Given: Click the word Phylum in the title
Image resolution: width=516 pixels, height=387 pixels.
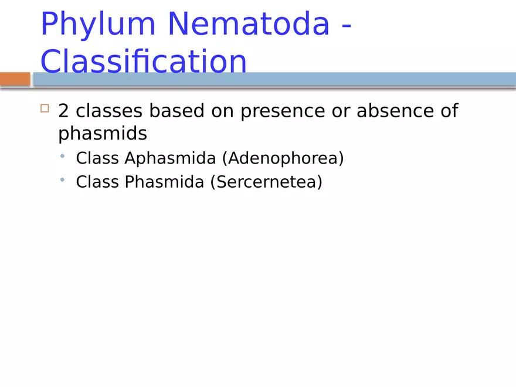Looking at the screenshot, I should [98, 25].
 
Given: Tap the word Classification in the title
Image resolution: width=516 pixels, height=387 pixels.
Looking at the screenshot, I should [143, 61].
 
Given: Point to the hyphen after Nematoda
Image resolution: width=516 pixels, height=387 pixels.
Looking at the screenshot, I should [346, 26].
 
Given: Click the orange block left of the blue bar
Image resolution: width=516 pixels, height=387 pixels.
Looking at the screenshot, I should [15, 79].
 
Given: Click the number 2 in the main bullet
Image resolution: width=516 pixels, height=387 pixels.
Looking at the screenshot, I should [63, 111].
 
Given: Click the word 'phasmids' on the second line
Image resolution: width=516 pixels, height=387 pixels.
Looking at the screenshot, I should [103, 134].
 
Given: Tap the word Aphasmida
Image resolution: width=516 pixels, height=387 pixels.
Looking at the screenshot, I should [170, 158].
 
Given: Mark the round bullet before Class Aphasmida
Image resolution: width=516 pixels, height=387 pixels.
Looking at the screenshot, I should [62, 157].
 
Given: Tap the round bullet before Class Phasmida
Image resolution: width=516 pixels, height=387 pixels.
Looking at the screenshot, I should [62, 181].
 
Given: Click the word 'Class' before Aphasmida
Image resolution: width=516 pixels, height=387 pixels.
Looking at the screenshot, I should [97, 158].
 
